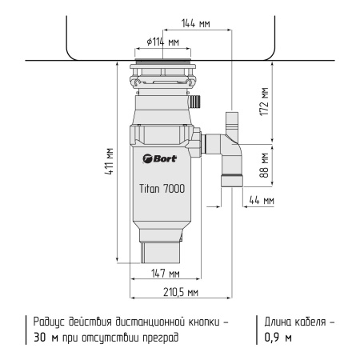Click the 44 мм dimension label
262,200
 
